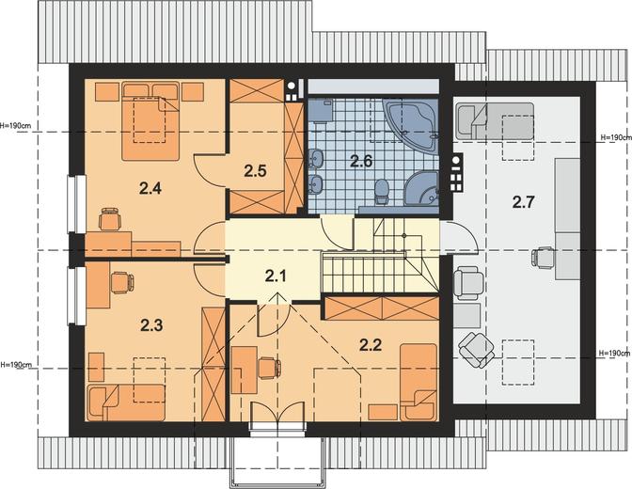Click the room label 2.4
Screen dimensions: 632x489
150,188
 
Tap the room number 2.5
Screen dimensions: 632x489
255,171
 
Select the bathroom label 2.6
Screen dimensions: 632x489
361,161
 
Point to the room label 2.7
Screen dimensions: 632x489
524,202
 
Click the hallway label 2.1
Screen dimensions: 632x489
276,276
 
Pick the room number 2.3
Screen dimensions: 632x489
151,325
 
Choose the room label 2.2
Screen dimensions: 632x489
371,345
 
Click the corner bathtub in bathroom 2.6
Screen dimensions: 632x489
412,125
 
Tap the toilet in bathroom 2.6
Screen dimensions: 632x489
381,192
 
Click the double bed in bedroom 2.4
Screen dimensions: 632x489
150,121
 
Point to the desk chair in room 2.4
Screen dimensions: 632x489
110,219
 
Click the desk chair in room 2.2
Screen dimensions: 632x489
269,368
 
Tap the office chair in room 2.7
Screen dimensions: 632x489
543,258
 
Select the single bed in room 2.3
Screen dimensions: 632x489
126,402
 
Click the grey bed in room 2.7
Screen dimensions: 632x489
495,121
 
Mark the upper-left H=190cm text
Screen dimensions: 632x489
16,125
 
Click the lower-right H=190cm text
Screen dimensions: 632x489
615,354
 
